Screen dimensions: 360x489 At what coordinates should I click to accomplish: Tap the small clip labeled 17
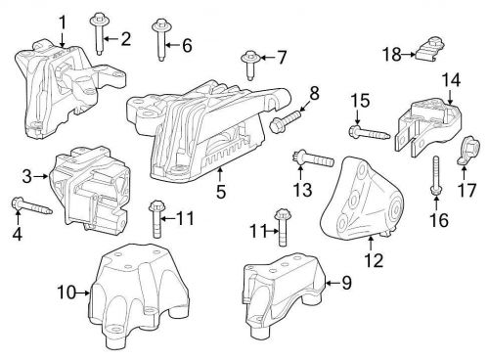point(467,153)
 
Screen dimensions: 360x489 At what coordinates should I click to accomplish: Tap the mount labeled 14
point(425,125)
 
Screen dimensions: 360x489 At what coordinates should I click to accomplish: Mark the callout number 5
point(221,194)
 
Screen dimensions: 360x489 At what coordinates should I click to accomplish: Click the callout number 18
point(392,54)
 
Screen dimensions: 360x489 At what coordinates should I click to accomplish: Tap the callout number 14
point(450,79)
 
